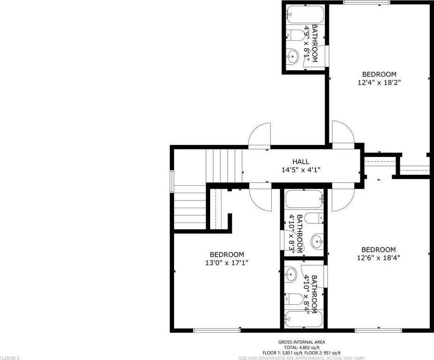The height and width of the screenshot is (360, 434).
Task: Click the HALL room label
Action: point(301,161)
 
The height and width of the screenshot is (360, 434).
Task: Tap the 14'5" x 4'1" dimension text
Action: point(301,170)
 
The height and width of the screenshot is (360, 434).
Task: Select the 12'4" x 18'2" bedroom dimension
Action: point(379,82)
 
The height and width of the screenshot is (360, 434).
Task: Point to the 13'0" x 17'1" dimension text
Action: point(227,262)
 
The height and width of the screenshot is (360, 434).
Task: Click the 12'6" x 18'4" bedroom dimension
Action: point(379,258)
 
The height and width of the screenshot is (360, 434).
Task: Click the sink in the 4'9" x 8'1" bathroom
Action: point(292,56)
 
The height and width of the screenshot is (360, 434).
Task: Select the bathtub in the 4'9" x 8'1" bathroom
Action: point(305,15)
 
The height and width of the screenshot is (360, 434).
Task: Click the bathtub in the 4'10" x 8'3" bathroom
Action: point(304,199)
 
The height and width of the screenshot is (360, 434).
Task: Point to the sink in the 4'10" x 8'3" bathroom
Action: point(317,241)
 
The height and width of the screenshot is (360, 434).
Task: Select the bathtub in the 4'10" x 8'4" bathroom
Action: point(304,319)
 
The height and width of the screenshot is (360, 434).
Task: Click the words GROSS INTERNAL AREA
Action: point(302,342)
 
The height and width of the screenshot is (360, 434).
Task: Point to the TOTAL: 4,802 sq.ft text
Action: point(302,347)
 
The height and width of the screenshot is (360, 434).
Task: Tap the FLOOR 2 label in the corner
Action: point(10,358)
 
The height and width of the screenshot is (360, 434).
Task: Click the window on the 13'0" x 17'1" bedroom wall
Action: point(217,330)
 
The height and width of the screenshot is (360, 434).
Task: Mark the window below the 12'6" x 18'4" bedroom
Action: point(378,330)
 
